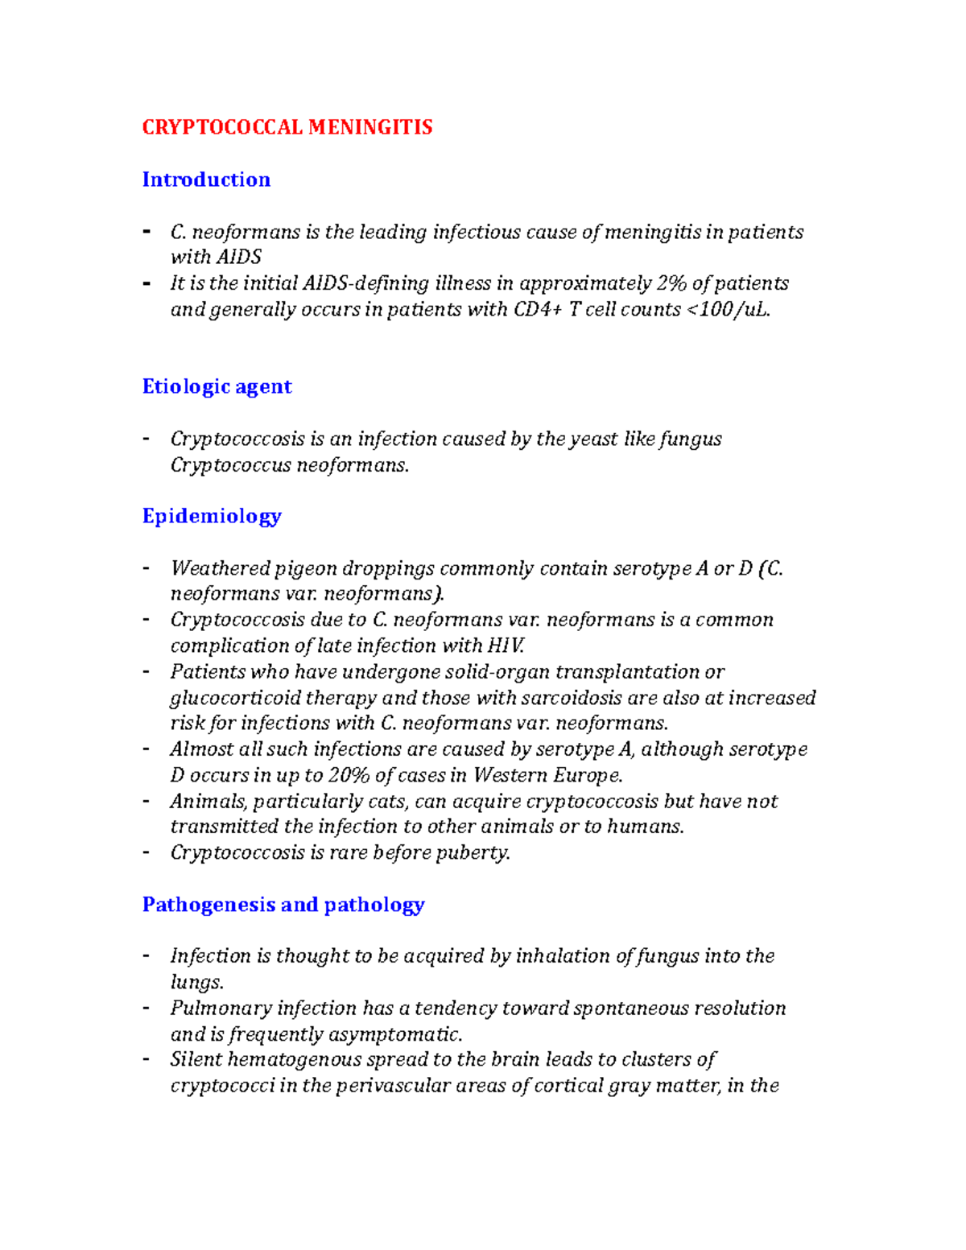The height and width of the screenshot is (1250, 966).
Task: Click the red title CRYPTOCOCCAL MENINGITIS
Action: (287, 127)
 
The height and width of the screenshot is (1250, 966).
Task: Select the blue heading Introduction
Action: (206, 179)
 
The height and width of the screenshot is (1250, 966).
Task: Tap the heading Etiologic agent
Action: (217, 386)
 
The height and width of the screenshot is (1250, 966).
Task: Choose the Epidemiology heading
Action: (212, 516)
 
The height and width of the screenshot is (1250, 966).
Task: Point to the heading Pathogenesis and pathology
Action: (283, 905)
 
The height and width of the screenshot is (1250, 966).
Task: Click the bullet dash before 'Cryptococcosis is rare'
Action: (146, 852)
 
